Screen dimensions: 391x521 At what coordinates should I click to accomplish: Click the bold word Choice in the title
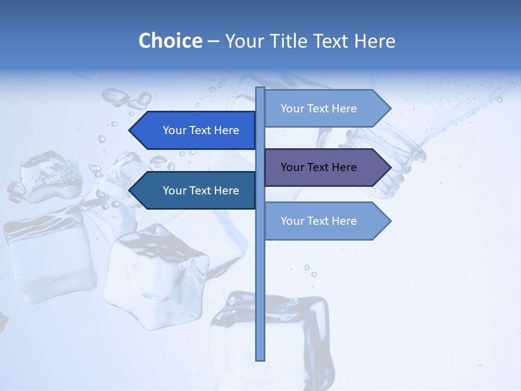pos(170,41)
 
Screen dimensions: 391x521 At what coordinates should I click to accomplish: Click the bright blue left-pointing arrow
pos(195,130)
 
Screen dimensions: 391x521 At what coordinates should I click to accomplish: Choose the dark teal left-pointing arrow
pos(195,191)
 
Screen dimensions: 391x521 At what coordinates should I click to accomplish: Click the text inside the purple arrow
pos(319,167)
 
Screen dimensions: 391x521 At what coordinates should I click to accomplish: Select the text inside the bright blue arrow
pos(201,130)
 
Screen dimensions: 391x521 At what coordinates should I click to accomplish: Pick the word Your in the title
pos(244,41)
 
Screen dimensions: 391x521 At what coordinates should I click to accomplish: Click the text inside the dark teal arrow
pos(201,191)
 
